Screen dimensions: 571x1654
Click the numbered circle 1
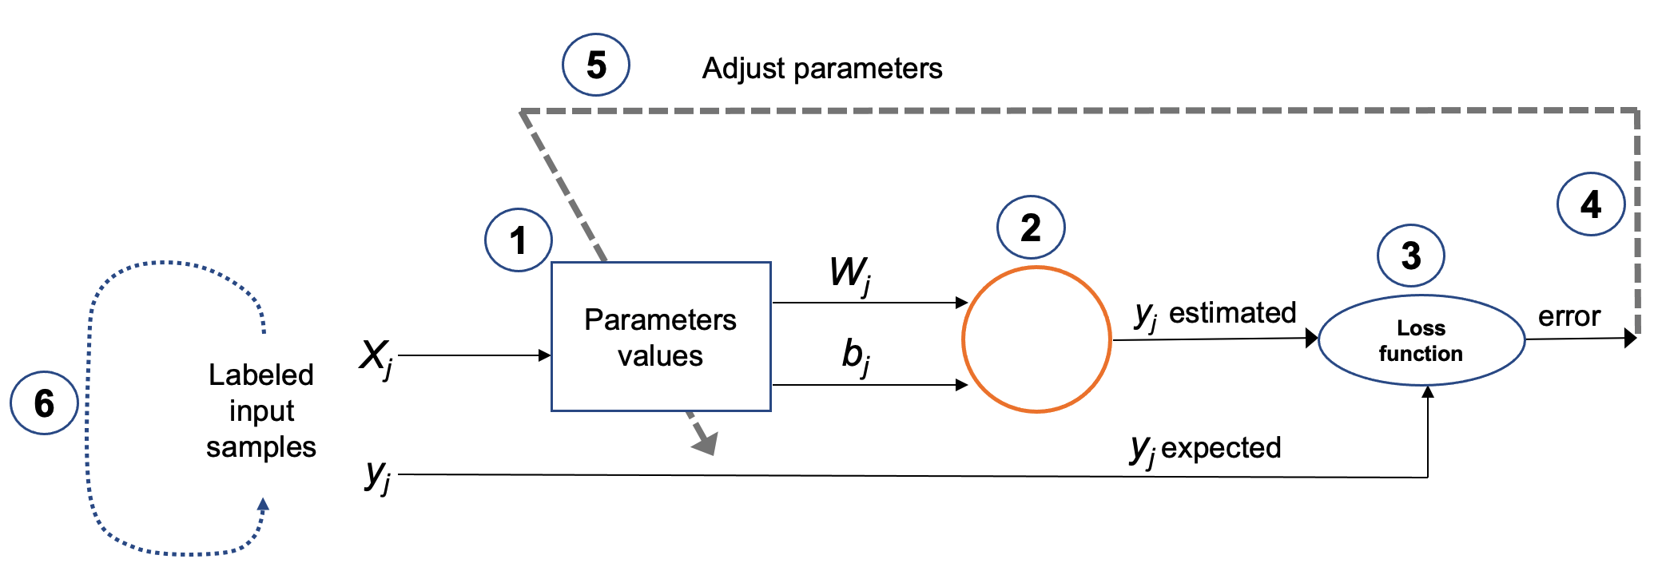coord(519,240)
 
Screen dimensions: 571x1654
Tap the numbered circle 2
coord(1031,228)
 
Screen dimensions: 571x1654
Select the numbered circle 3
coord(1411,256)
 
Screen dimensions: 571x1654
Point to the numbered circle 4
coord(1591,204)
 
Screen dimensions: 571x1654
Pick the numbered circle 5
coord(596,65)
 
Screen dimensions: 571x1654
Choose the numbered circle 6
coord(44,403)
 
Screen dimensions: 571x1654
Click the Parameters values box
coord(661,337)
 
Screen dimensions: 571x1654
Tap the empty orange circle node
coord(1036,339)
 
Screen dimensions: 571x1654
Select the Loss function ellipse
coord(1421,340)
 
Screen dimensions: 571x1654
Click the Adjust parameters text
coord(822,69)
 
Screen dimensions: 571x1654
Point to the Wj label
coord(850,274)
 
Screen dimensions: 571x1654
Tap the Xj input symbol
coord(376,356)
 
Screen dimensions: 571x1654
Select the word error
coord(1569,316)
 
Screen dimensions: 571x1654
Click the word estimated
coord(1232,312)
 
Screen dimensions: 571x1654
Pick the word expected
coord(1221,447)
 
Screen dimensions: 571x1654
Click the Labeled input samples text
coord(261,410)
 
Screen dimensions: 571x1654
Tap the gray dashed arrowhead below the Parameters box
coord(706,443)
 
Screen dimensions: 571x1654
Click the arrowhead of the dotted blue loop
coord(263,505)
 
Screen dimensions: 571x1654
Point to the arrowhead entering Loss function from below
coord(1428,391)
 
